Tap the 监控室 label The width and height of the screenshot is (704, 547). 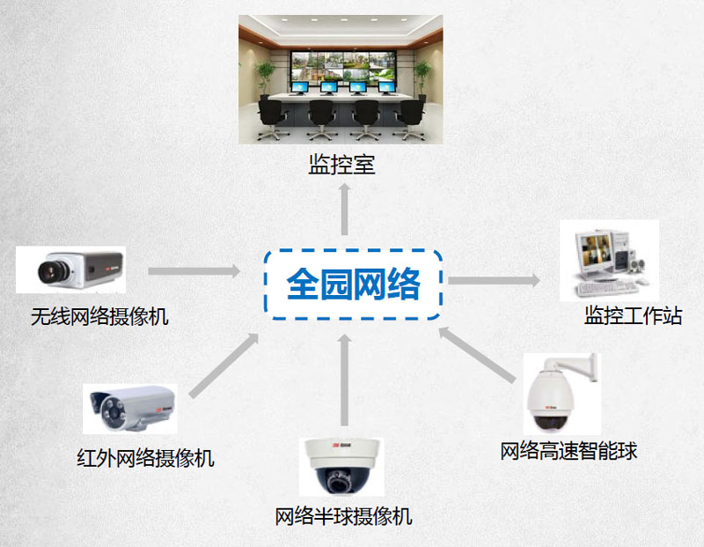tap(342, 165)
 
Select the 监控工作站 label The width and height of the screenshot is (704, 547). tap(633, 315)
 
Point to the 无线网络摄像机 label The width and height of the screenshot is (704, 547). tap(99, 316)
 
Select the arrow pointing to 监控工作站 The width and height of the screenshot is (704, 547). tap(494, 280)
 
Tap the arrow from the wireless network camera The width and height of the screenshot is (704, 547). tap(194, 270)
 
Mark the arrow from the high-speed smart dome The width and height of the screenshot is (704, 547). tap(475, 358)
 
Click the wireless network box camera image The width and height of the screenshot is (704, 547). tap(70, 270)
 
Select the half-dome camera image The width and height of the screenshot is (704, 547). tap(341, 468)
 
